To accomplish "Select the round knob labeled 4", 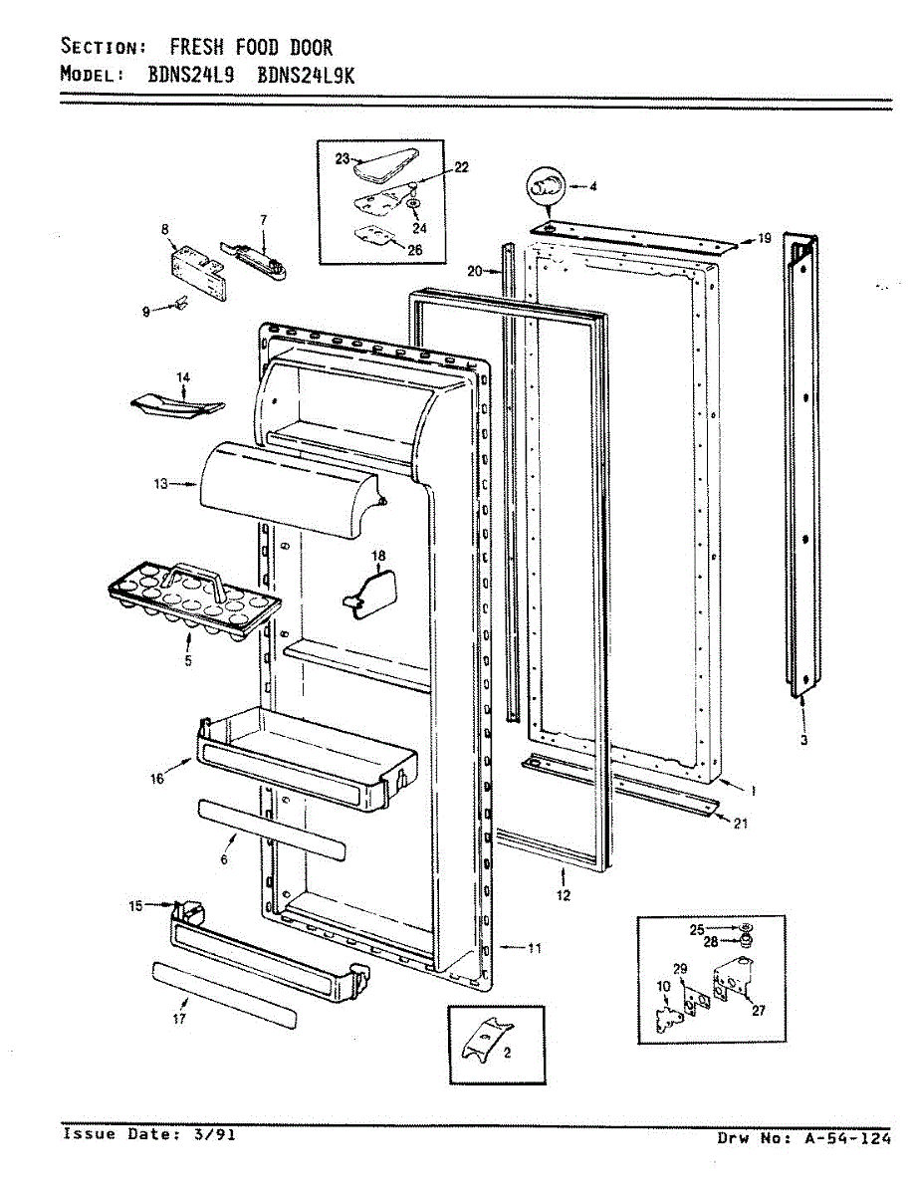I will (x=545, y=184).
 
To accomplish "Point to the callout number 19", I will (x=765, y=238).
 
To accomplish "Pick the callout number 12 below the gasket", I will (x=564, y=896).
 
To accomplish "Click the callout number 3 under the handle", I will (x=803, y=740).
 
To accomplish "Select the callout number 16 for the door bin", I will (x=157, y=779).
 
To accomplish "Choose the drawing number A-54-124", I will (x=848, y=1139).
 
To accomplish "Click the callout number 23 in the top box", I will (x=342, y=159).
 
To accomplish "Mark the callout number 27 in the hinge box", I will (x=759, y=1010).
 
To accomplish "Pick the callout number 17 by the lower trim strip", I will (x=179, y=1018).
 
